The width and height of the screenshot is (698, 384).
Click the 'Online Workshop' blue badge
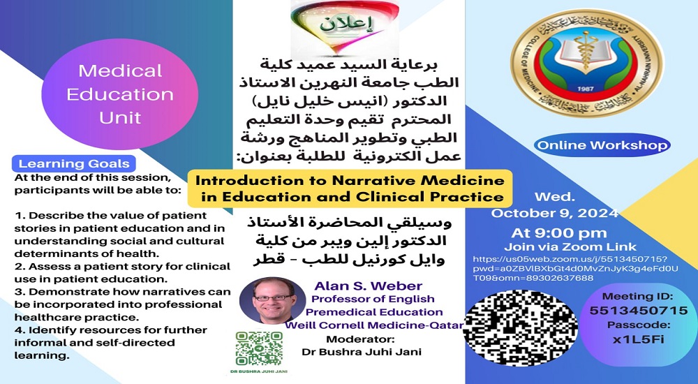(x=602, y=146)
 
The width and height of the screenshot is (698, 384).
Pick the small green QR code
(x=258, y=348)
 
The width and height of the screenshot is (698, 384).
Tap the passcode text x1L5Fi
(x=638, y=340)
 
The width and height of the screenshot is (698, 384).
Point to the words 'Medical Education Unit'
(x=120, y=94)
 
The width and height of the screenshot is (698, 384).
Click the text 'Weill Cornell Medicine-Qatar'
(x=373, y=325)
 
